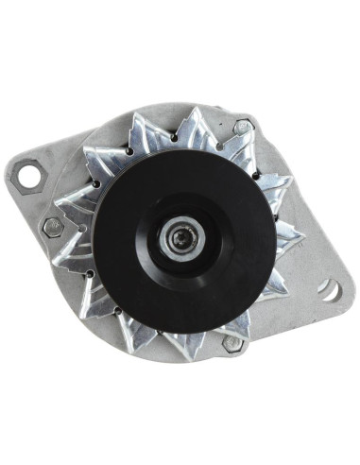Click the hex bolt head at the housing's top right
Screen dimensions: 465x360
point(243,126)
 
